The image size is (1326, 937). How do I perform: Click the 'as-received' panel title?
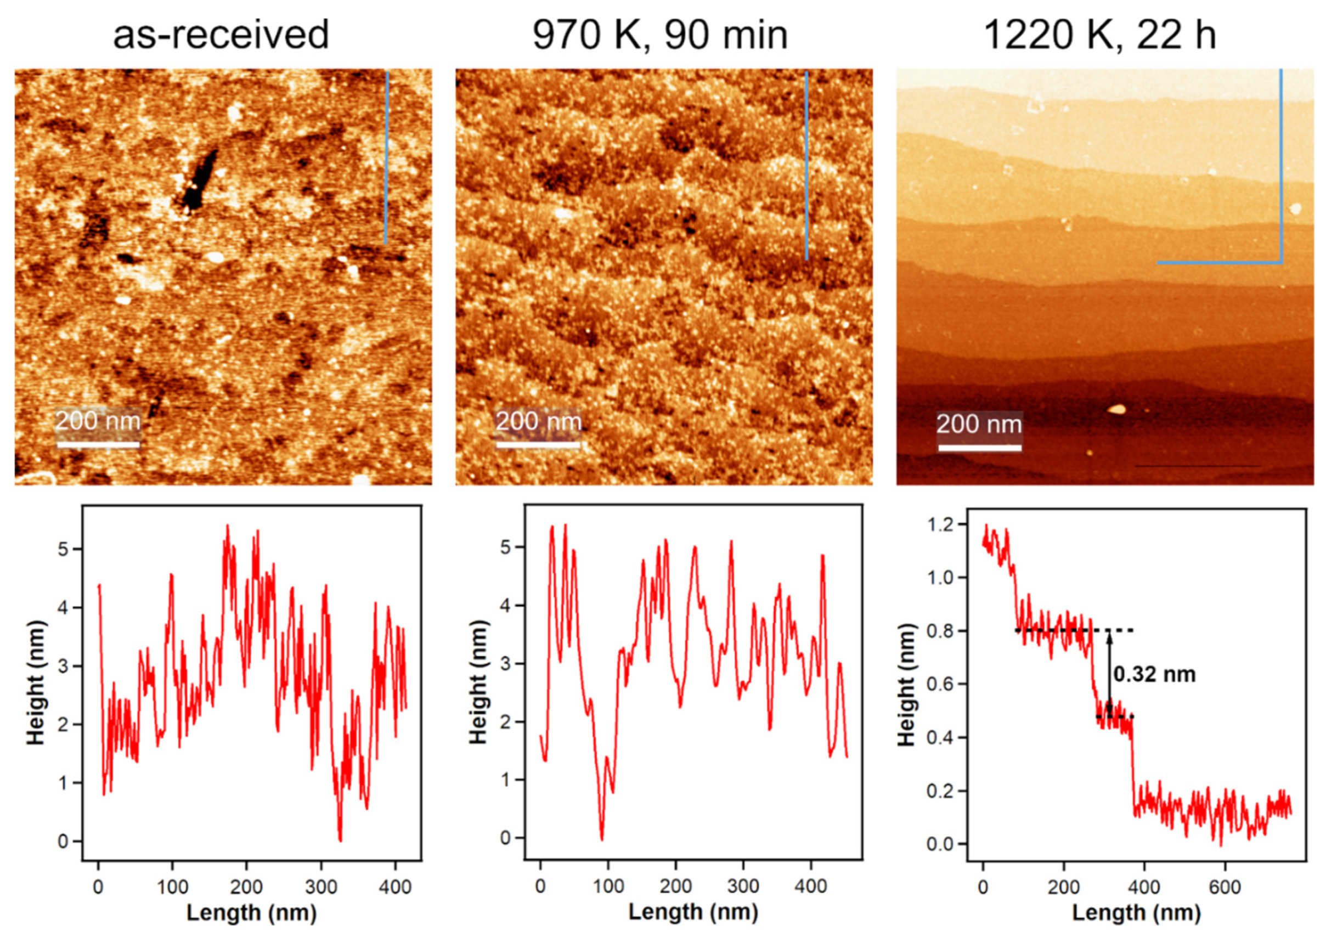[x=221, y=35]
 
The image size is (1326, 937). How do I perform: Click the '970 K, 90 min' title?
[x=659, y=35]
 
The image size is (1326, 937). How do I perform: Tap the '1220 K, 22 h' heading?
[x=1099, y=35]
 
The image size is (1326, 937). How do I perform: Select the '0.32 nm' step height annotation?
[x=1154, y=674]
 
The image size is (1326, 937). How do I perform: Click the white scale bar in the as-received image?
[x=98, y=445]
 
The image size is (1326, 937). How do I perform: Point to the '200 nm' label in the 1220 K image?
[x=979, y=425]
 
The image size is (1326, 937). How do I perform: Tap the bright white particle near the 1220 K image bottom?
[x=1116, y=409]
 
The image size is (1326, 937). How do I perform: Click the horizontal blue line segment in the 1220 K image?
[x=1218, y=263]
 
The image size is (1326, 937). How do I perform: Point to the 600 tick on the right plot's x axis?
[x=1225, y=887]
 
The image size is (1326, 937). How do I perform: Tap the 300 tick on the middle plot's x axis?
[x=743, y=885]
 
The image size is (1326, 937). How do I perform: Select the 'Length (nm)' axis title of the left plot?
[x=251, y=913]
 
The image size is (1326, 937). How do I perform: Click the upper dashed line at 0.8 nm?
[x=1074, y=630]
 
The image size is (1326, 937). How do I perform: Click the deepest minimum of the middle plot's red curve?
[x=602, y=839]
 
